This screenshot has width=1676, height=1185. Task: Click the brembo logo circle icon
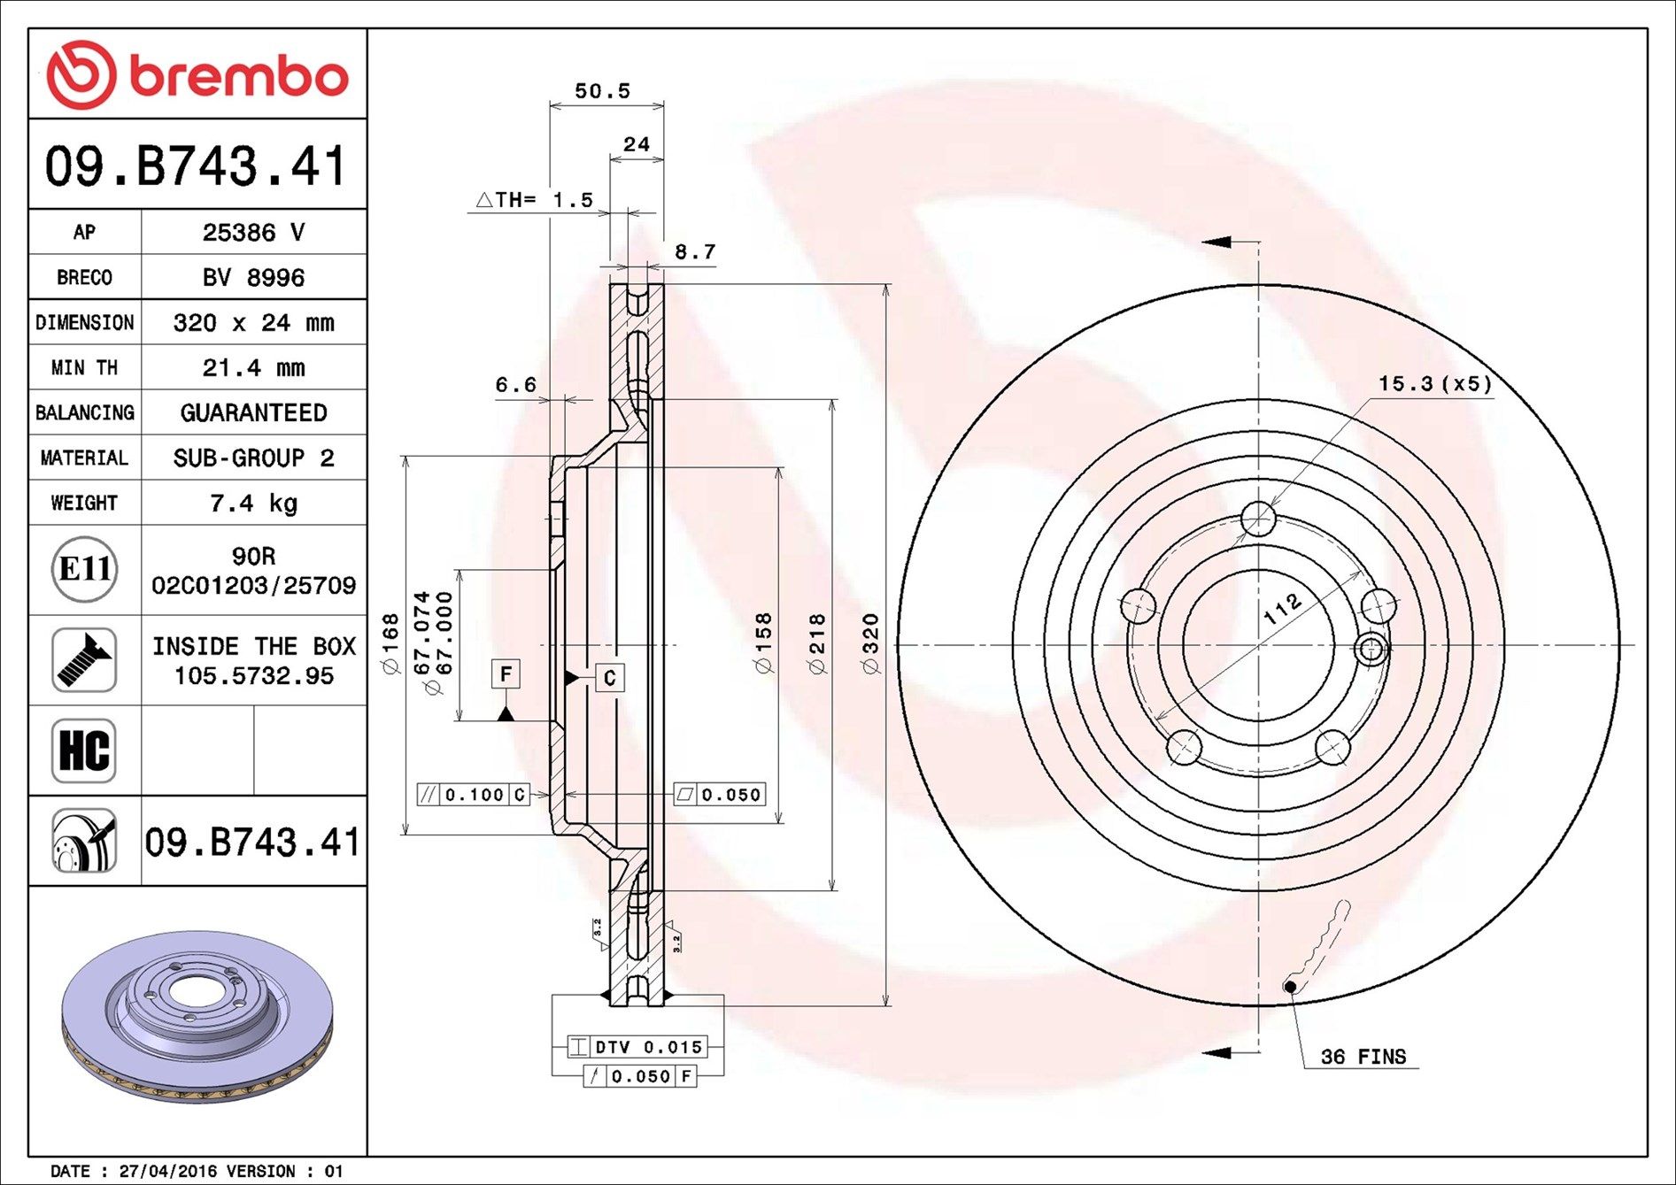pos(81,74)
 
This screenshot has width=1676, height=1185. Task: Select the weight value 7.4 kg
pos(253,503)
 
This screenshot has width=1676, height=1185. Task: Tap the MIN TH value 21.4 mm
pos(253,367)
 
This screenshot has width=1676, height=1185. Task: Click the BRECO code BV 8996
pos(253,277)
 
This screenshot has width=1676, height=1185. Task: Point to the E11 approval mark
pos(84,569)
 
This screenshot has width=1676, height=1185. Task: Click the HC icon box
pos(84,750)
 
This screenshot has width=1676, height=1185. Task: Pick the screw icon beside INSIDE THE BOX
pos(84,660)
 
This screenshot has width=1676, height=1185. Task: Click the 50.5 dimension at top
pos(602,90)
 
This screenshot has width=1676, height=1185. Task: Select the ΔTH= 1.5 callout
pos(535,200)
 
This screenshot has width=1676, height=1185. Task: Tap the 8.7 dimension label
pos(695,252)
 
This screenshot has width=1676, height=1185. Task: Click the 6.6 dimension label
pos(515,384)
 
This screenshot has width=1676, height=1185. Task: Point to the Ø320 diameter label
pos(871,644)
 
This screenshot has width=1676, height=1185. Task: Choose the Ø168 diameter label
pos(390,644)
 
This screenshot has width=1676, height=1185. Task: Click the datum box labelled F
pos(506,674)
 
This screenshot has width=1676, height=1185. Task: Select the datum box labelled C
pos(609,678)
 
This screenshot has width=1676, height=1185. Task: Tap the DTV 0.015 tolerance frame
pos(637,1047)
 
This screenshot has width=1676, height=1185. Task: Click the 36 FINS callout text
pos(1363,1057)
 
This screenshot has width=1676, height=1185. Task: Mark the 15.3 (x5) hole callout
pos(1434,383)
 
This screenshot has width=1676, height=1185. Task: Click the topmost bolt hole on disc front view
pos(1257,519)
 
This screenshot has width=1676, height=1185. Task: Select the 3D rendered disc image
pos(197,1016)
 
